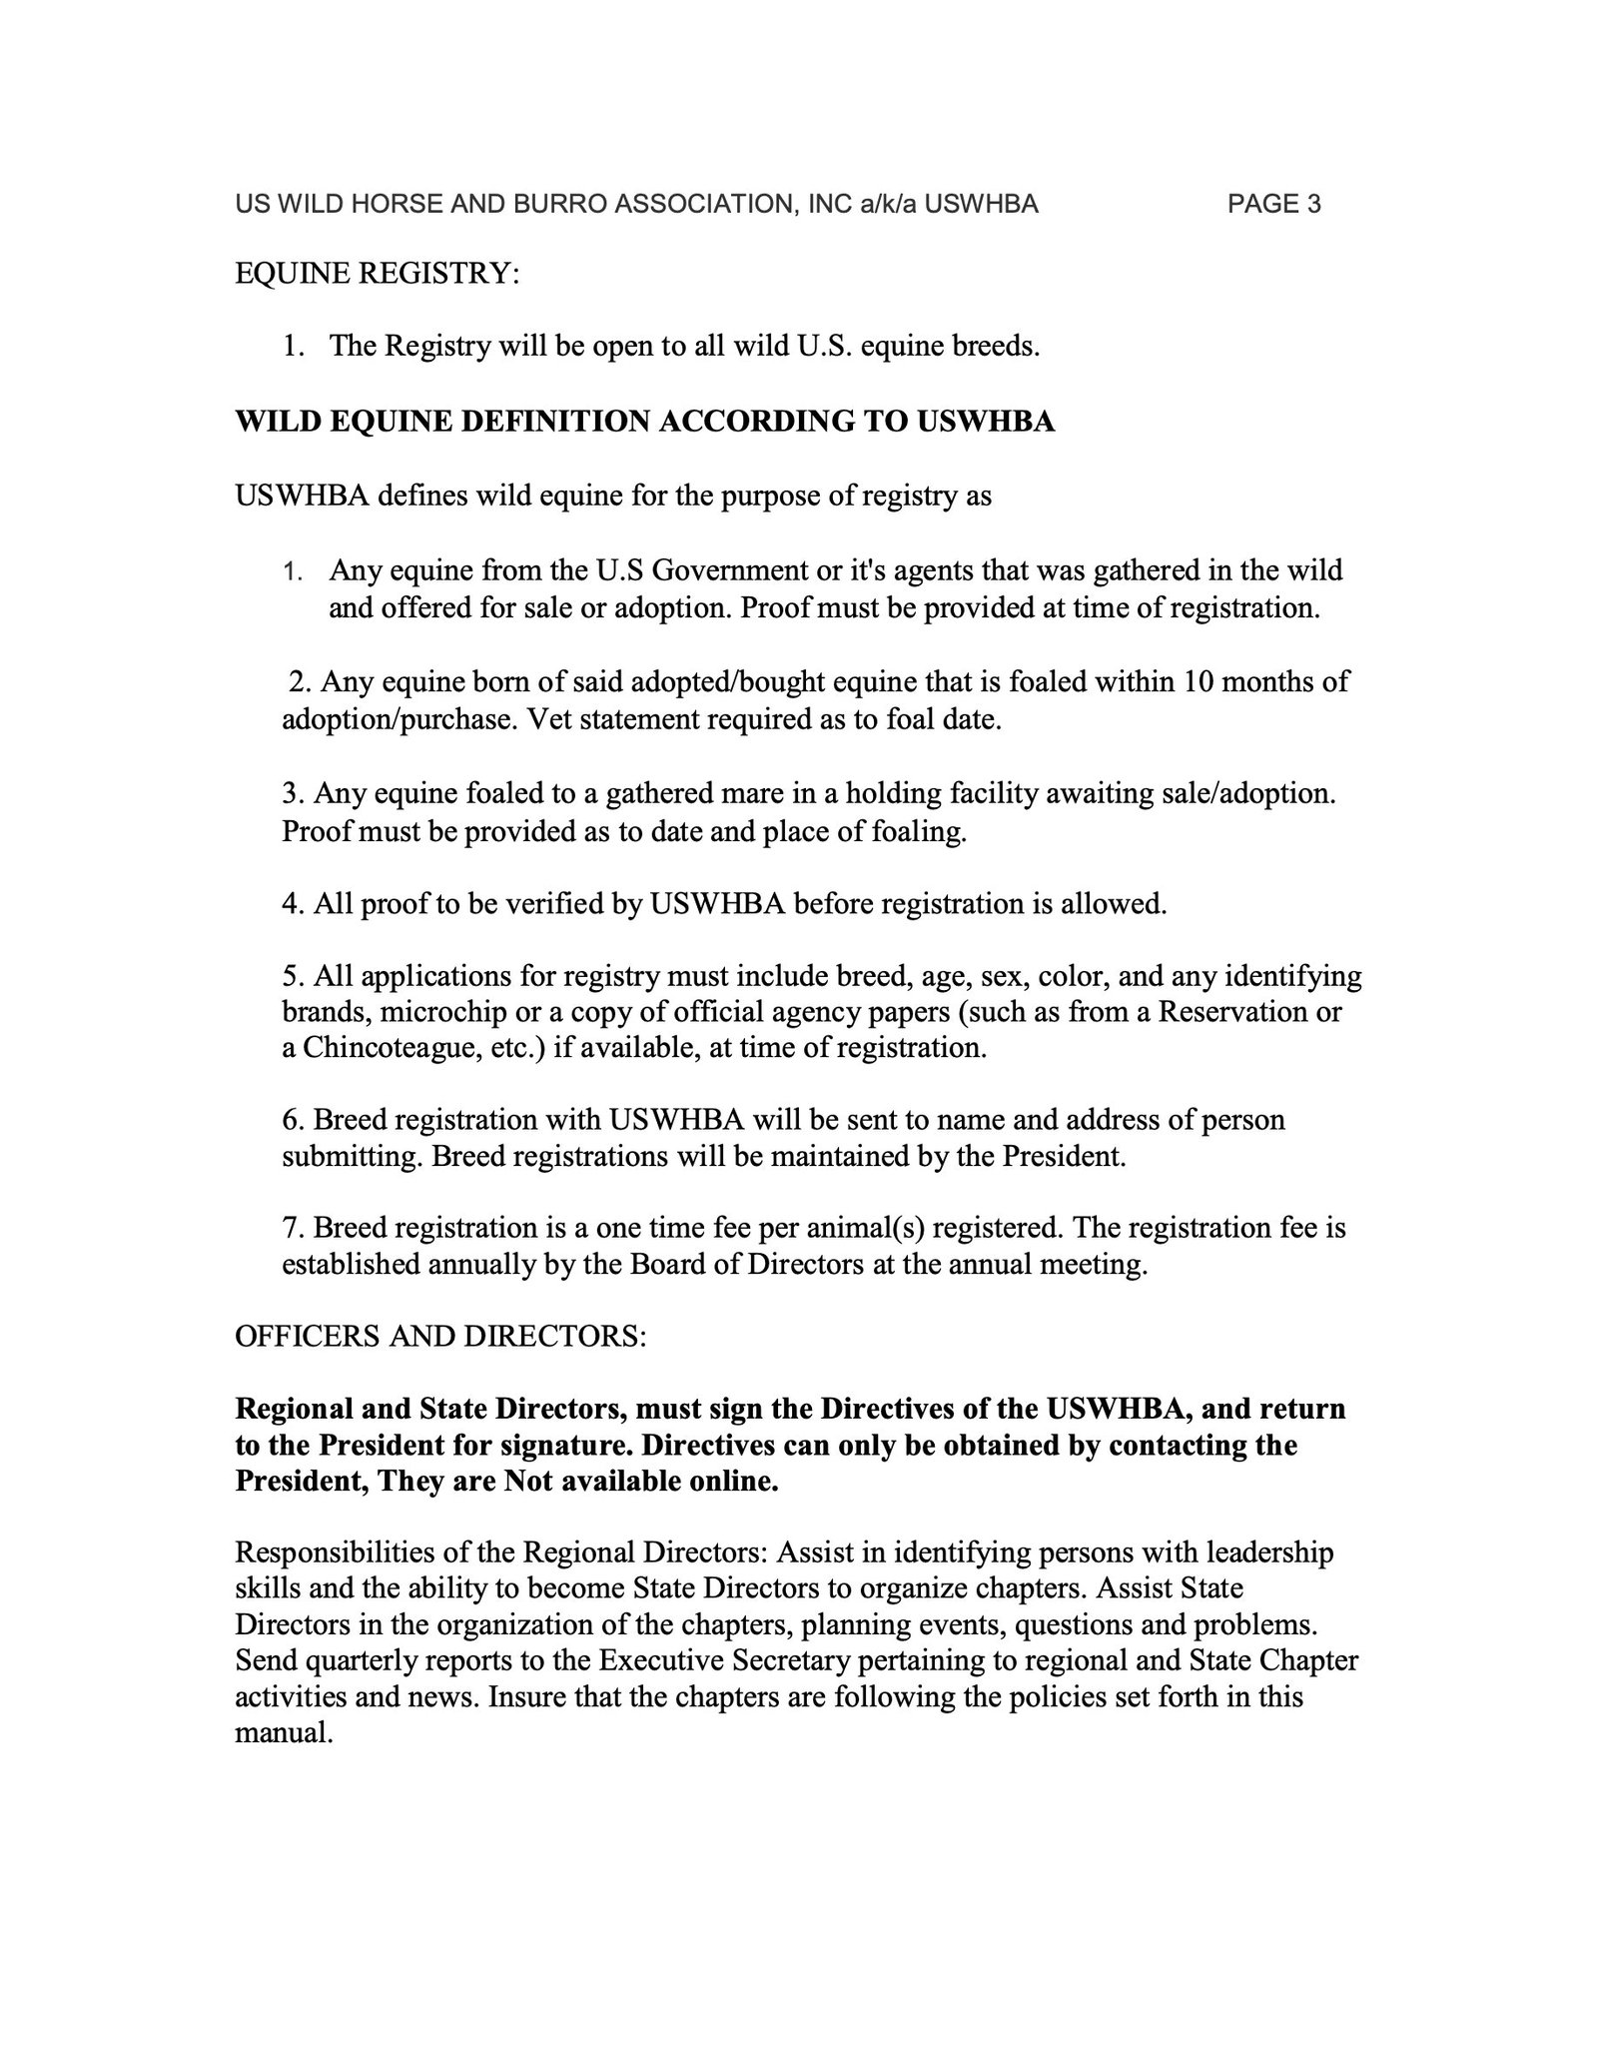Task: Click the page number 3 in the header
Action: coord(1313,205)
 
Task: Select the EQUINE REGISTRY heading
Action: coord(377,274)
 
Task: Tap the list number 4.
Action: coord(292,904)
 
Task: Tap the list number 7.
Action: coord(292,1227)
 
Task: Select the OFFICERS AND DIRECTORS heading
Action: coord(440,1337)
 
